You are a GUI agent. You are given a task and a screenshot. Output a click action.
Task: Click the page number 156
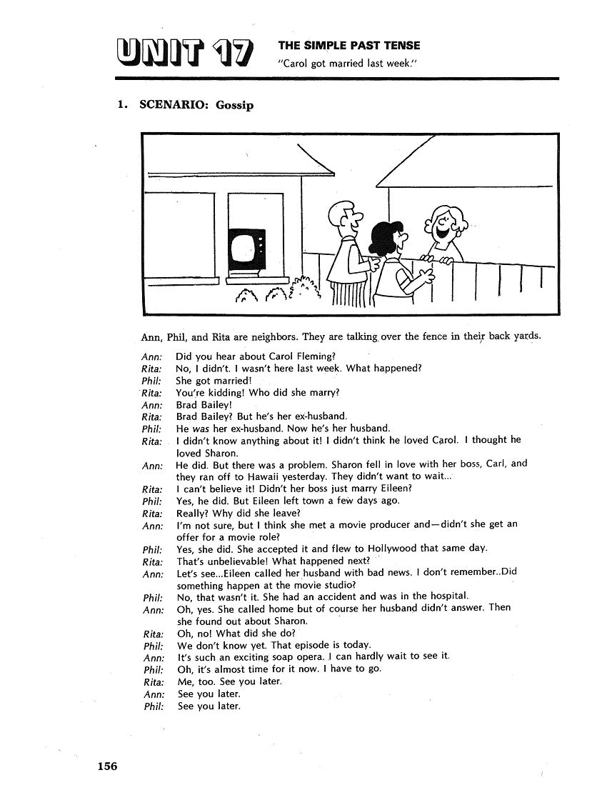pyautogui.click(x=107, y=766)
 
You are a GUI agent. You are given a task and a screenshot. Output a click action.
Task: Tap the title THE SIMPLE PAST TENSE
pyautogui.click(x=348, y=45)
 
